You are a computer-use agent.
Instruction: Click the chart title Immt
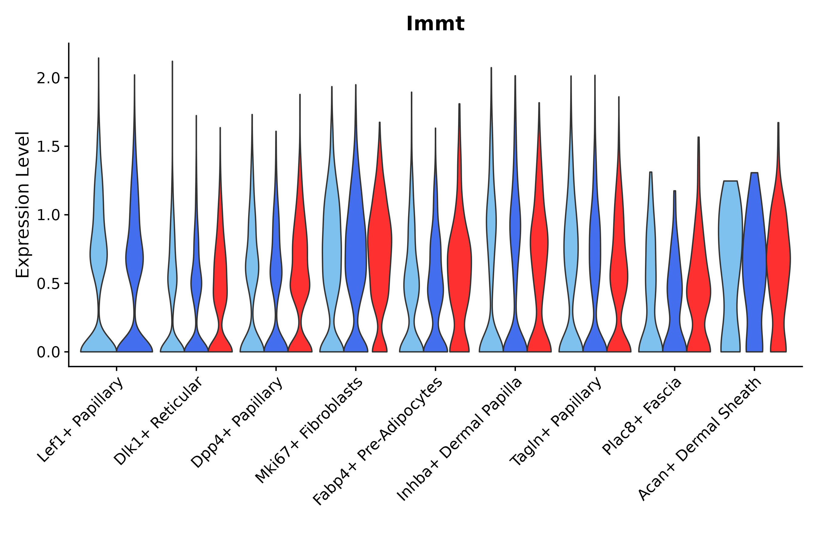click(x=435, y=24)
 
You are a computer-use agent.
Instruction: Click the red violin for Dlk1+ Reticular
click(x=220, y=278)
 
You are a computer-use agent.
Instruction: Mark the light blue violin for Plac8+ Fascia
click(x=651, y=278)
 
